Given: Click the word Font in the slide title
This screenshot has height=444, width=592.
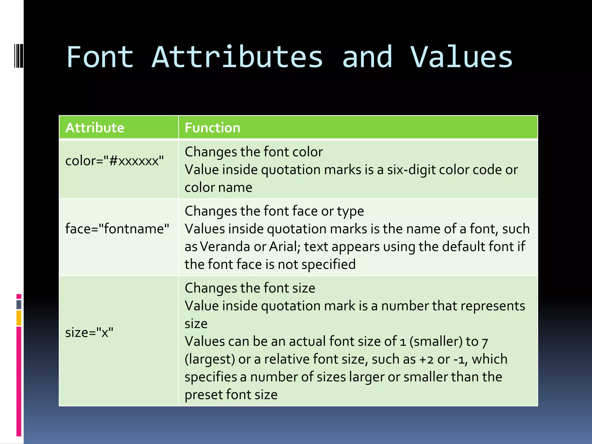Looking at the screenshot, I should pos(100,58).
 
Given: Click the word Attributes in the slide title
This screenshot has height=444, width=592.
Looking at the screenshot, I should pos(237,58).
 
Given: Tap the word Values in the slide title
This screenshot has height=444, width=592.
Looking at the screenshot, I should pos(461,58).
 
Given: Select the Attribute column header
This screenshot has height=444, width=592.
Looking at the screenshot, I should pos(95,128).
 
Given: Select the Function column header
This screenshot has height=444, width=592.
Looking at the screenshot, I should pos(212,128).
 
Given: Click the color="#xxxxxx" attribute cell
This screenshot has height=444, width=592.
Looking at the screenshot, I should pos(114,161).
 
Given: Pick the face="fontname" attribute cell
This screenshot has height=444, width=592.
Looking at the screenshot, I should pos(117,229).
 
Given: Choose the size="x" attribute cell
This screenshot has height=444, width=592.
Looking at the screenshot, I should pos(89,333).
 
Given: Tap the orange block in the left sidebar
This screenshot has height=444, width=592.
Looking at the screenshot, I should pos(19,318).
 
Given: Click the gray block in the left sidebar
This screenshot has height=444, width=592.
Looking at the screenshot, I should pos(19,305).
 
